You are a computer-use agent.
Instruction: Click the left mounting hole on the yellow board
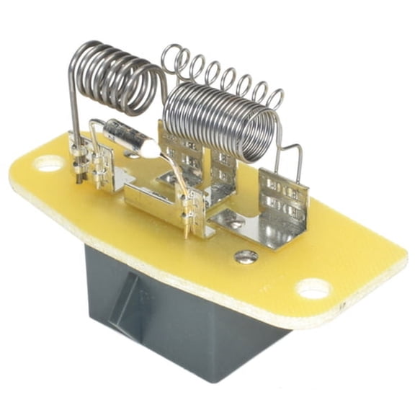tap(49, 164)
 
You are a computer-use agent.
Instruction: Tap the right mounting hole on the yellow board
tap(313, 287)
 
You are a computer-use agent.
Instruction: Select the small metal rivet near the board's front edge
tap(246, 256)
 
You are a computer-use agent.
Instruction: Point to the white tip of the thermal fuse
tap(148, 147)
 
